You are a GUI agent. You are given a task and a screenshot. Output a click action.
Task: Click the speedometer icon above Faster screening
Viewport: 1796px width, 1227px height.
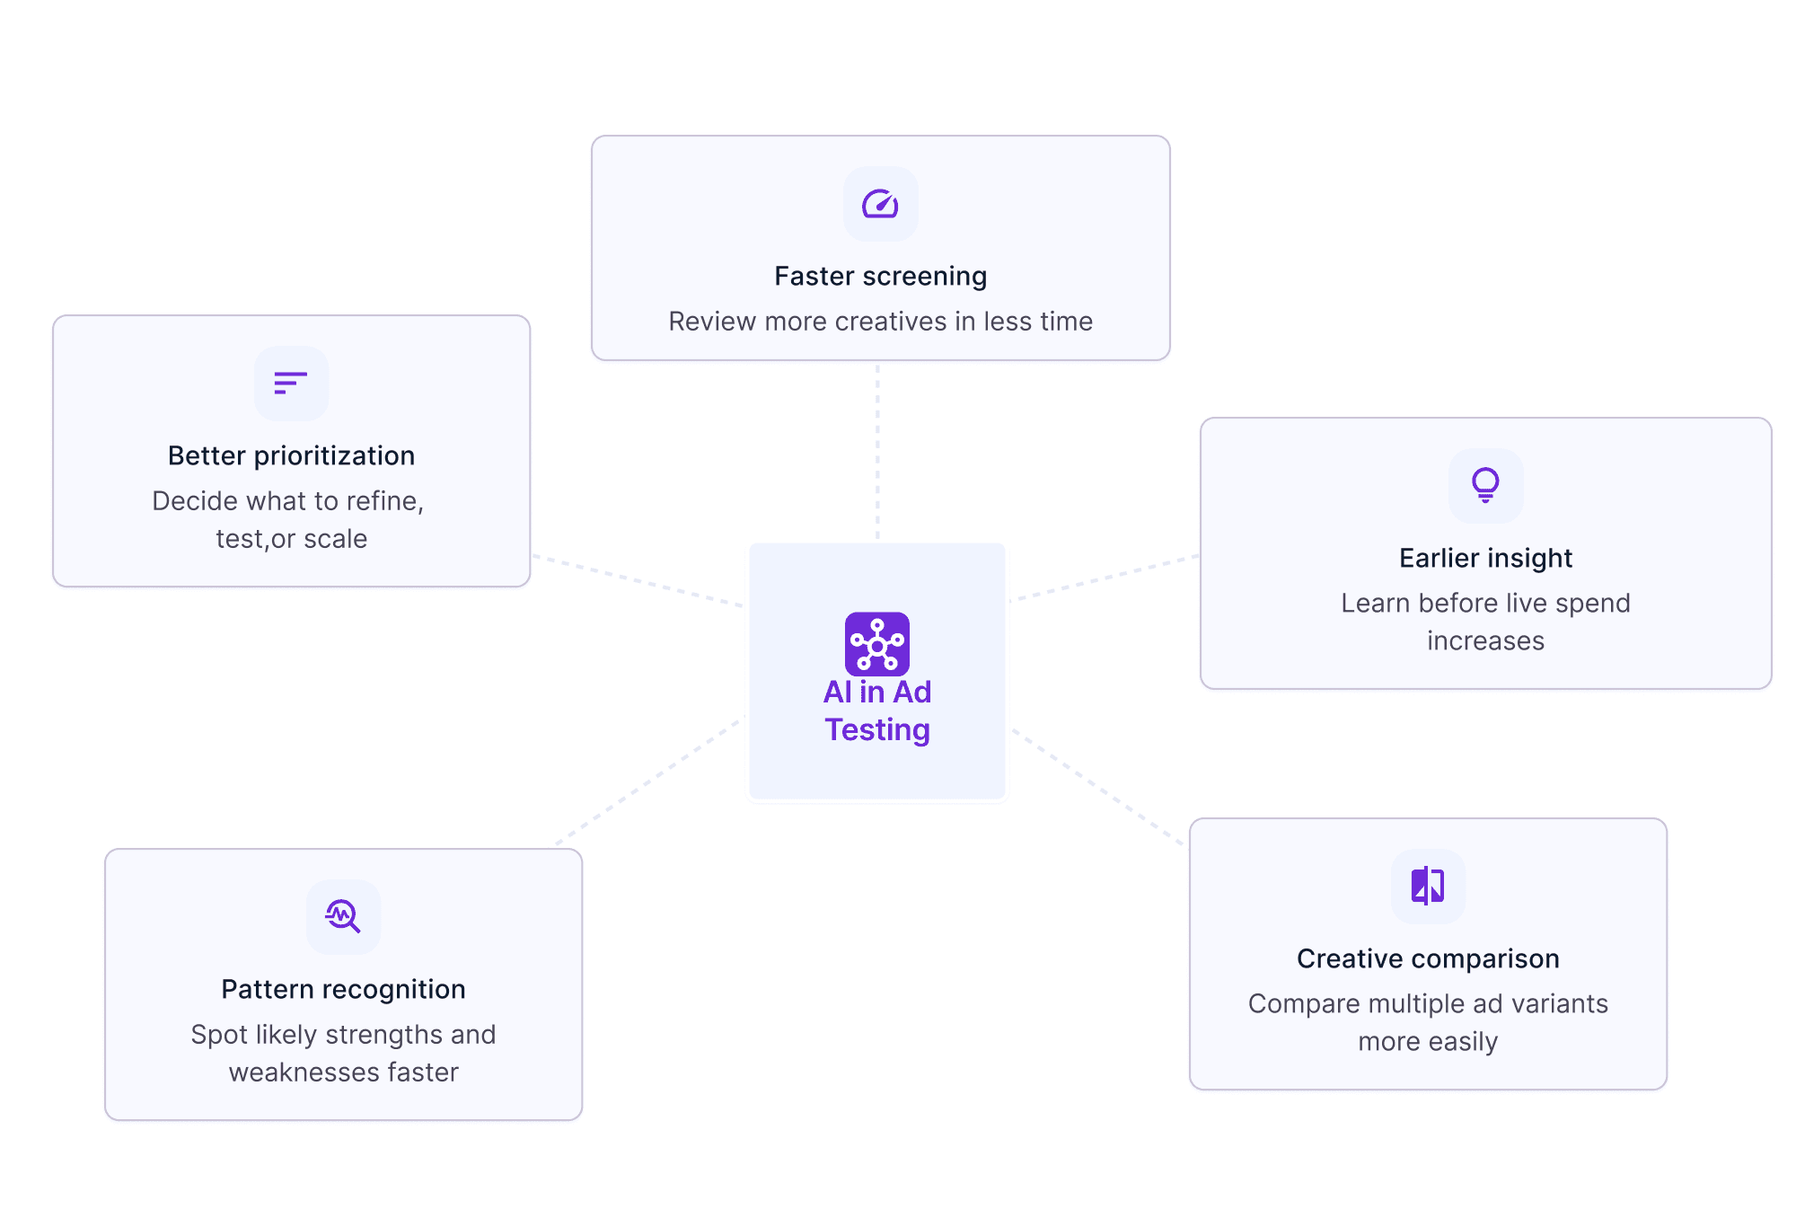[880, 204]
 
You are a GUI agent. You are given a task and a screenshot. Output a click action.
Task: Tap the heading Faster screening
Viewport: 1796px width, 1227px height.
[880, 276]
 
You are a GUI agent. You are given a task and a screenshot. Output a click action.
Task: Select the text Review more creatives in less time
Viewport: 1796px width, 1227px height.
[880, 321]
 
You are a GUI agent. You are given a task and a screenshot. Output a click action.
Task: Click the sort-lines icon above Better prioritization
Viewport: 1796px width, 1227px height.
[291, 384]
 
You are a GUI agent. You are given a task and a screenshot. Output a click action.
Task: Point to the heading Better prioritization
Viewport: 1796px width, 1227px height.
[291, 455]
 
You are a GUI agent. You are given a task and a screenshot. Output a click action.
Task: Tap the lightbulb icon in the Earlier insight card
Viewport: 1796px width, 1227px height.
[1485, 485]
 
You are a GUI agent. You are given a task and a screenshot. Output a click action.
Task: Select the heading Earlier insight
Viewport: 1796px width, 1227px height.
[1485, 558]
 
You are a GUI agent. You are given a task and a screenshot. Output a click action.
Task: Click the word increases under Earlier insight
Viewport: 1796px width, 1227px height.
[1485, 640]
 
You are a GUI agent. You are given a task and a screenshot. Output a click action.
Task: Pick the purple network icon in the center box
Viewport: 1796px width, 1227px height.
[877, 644]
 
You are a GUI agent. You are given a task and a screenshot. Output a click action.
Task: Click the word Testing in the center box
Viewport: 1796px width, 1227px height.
[877, 729]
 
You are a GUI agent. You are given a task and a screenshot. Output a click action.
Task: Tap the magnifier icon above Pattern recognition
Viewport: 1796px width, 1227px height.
[343, 916]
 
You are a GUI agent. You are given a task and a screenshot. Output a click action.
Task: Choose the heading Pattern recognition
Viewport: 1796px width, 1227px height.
[343, 989]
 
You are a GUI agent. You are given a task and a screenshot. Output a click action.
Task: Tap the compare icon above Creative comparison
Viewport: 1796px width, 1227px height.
[1428, 886]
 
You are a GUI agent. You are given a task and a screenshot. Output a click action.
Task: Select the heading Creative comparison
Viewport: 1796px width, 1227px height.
[1428, 958]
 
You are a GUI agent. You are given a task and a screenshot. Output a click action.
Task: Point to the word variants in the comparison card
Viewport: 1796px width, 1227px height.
[1555, 1003]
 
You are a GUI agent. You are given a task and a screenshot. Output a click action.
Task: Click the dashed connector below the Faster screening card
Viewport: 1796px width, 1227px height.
[877, 449]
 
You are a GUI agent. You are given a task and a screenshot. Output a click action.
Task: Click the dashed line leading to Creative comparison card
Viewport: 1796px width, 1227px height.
[1097, 787]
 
